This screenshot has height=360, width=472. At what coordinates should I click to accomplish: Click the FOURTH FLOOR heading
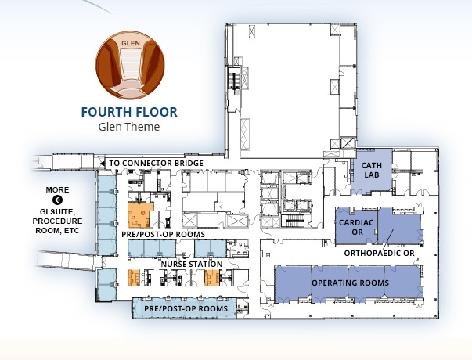pyautogui.click(x=129, y=112)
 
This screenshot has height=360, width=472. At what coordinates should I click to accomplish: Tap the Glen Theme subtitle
pyautogui.click(x=129, y=127)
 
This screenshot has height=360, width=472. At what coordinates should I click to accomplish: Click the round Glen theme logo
pyautogui.click(x=130, y=65)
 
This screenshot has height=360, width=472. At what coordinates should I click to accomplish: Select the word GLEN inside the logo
pyautogui.click(x=131, y=43)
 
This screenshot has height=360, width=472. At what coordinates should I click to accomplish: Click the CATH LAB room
pyautogui.click(x=372, y=171)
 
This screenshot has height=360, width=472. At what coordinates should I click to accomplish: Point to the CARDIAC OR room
pyautogui.click(x=356, y=227)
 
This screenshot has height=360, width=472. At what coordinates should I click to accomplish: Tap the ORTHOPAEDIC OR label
pyautogui.click(x=380, y=253)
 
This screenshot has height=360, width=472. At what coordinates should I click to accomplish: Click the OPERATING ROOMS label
pyautogui.click(x=350, y=283)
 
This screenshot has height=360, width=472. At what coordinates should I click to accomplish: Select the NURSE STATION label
pyautogui.click(x=192, y=265)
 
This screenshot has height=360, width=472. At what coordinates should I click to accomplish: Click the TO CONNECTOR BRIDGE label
pyautogui.click(x=156, y=163)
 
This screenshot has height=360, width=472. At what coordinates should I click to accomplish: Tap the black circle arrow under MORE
pyautogui.click(x=57, y=200)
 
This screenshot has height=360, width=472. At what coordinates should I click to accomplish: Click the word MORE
pyautogui.click(x=57, y=190)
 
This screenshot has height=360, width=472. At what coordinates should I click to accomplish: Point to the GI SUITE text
pyautogui.click(x=57, y=211)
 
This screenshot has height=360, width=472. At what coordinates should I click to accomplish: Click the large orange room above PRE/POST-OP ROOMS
pyautogui.click(x=139, y=214)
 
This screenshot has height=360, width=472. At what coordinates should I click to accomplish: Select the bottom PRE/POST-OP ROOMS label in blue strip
pyautogui.click(x=186, y=309)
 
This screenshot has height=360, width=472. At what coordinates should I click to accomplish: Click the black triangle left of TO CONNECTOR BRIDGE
pyautogui.click(x=102, y=164)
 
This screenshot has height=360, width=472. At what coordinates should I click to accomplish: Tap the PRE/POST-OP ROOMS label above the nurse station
pyautogui.click(x=163, y=235)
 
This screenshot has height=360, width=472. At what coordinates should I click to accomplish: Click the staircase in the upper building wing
pyautogui.click(x=233, y=79)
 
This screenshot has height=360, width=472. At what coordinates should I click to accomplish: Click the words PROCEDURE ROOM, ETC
pyautogui.click(x=57, y=225)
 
